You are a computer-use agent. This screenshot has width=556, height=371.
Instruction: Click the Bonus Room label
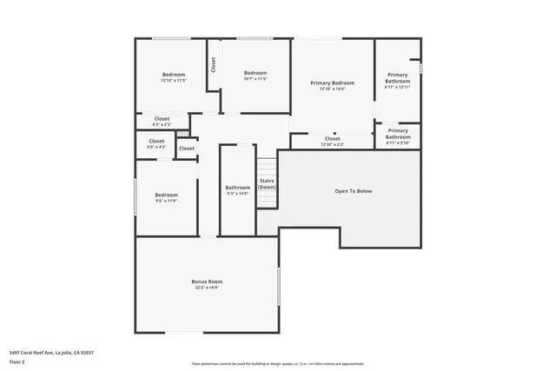207,282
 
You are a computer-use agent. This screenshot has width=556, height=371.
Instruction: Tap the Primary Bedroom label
332,83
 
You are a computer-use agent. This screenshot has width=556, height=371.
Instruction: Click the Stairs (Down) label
267,184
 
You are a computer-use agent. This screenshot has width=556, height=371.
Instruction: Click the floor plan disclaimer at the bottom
278,364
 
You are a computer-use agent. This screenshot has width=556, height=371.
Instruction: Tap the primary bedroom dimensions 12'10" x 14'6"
332,89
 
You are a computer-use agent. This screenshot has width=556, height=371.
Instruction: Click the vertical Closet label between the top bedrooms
212,65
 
